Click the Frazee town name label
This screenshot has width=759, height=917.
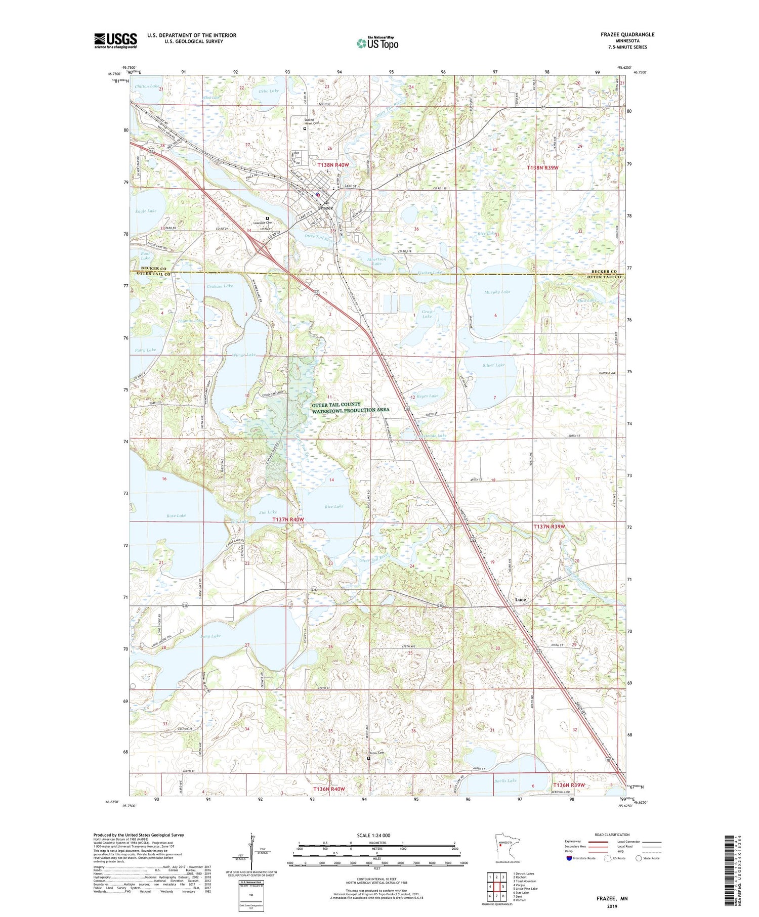pos(325,208)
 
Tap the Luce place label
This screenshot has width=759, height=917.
pos(520,599)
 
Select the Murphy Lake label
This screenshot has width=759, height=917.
pos(497,292)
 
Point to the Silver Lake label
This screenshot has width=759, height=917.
pos(493,365)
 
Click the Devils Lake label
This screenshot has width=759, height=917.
pos(505,781)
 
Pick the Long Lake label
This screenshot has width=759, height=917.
pos(210,636)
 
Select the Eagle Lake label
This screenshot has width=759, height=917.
pos(146,211)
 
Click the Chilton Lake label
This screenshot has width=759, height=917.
pos(146,86)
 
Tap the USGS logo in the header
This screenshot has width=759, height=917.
pos(115,40)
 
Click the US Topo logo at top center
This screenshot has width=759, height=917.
pos(377,43)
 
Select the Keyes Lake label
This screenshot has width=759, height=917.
pos(427,396)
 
